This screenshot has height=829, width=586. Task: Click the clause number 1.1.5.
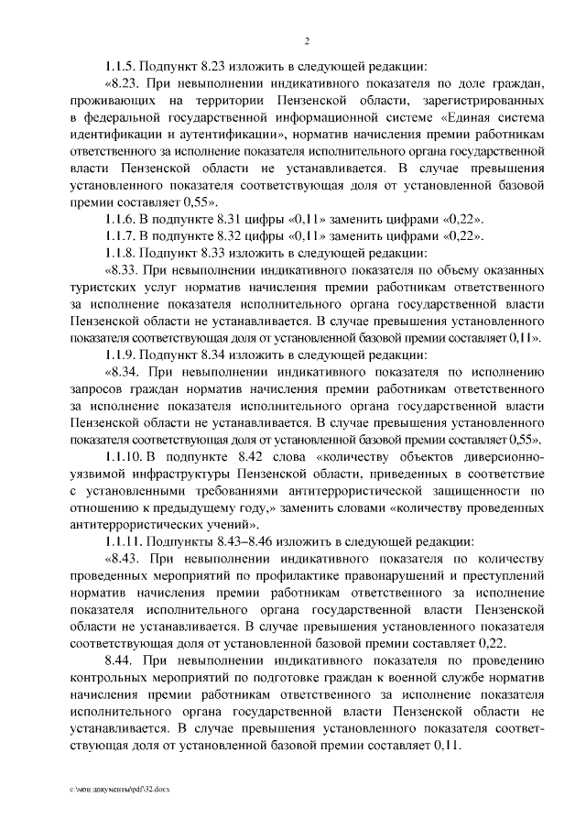[x=123, y=67]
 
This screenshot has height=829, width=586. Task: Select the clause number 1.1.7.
[x=123, y=235]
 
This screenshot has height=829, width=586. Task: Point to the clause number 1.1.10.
[x=125, y=456]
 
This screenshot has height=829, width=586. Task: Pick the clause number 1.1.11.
[x=125, y=540]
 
